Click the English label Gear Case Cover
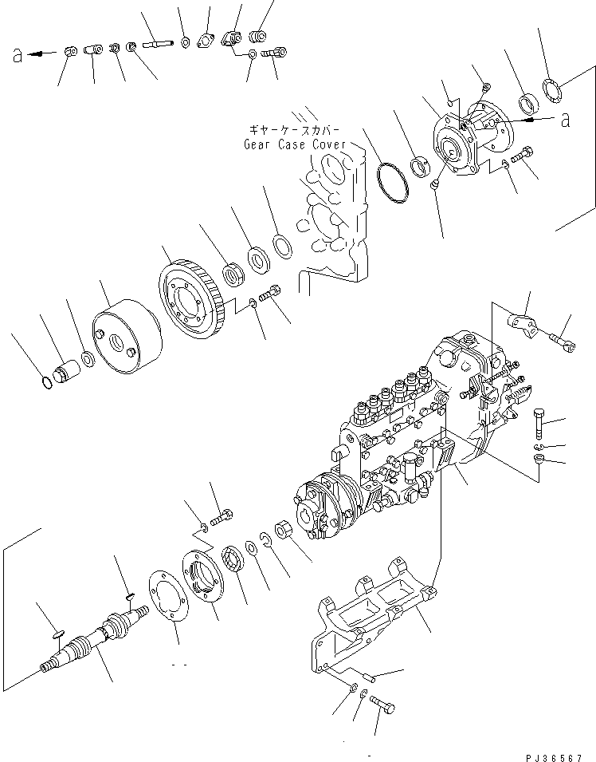click(294, 145)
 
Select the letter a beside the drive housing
click(566, 120)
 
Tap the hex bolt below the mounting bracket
click(384, 705)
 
